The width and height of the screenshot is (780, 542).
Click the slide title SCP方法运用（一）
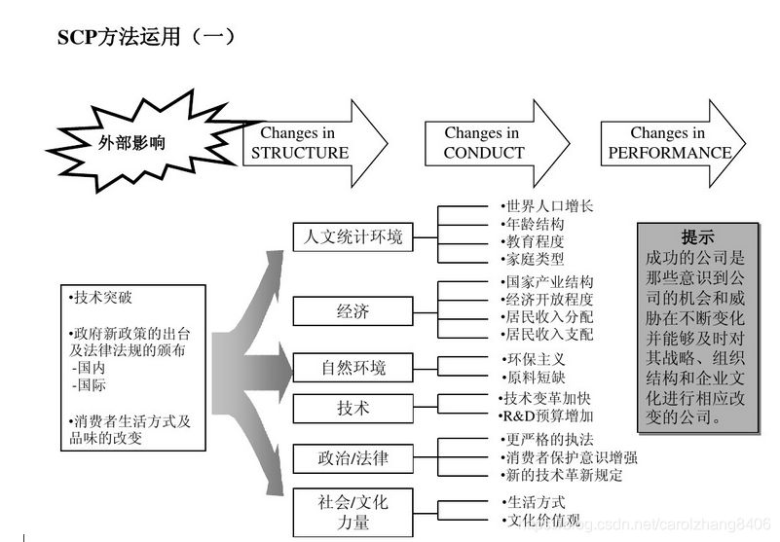click(146, 37)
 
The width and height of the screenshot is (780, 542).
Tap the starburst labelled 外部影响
click(132, 142)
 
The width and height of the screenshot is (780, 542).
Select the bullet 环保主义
click(535, 359)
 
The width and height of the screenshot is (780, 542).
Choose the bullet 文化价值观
click(541, 520)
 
